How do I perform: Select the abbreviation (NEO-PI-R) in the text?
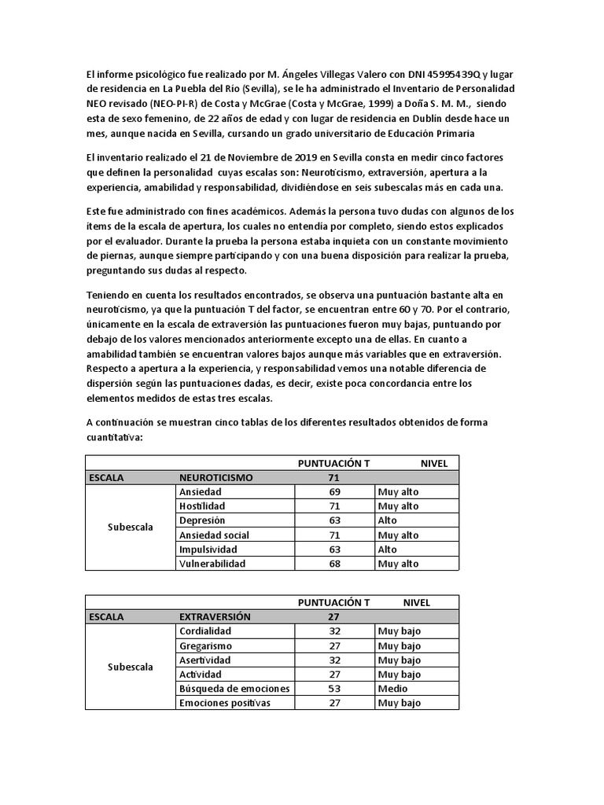pyautogui.click(x=192, y=102)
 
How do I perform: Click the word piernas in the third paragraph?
pyautogui.click(x=105, y=256)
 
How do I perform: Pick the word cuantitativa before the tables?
pyautogui.click(x=114, y=438)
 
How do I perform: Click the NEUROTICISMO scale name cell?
pyautogui.click(x=216, y=477)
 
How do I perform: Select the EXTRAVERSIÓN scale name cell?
pyautogui.click(x=215, y=617)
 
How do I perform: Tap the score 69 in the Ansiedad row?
pyautogui.click(x=334, y=491)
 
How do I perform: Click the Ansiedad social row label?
pyautogui.click(x=214, y=535)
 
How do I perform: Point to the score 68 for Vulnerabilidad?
pyautogui.click(x=334, y=564)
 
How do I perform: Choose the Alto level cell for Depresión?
pyautogui.click(x=388, y=520)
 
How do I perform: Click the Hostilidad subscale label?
pyautogui.click(x=204, y=506)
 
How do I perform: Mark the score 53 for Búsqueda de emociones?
pyautogui.click(x=334, y=689)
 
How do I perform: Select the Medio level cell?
pyautogui.click(x=392, y=689)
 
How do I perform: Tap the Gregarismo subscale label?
pyautogui.click(x=206, y=646)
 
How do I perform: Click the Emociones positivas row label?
pyautogui.click(x=225, y=703)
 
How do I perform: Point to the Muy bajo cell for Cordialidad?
pyautogui.click(x=400, y=631)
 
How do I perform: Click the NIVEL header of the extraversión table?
pyautogui.click(x=417, y=603)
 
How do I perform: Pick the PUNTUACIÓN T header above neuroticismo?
pyautogui.click(x=333, y=463)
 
